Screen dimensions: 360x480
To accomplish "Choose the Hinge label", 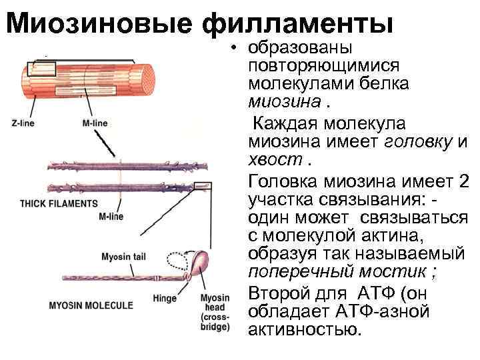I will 164,298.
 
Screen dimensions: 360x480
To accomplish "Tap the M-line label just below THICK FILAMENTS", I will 111,217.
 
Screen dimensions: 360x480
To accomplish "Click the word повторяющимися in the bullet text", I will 323,67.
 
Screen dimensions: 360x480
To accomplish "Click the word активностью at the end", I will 303,330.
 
